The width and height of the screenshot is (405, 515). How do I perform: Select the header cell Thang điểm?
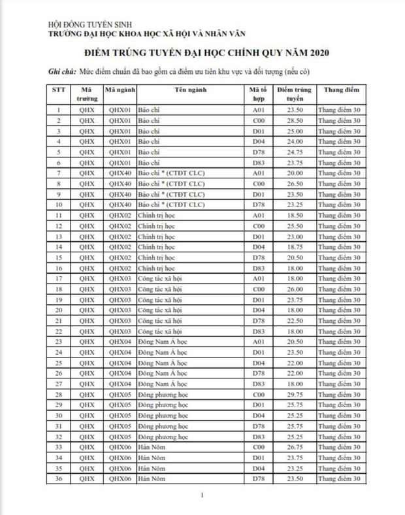point(338,89)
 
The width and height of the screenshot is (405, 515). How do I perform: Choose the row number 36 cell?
point(59,480)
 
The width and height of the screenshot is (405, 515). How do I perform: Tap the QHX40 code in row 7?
point(120,173)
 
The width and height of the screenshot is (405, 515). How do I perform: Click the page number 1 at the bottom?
point(203,496)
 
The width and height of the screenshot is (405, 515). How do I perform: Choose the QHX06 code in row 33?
point(120,448)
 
